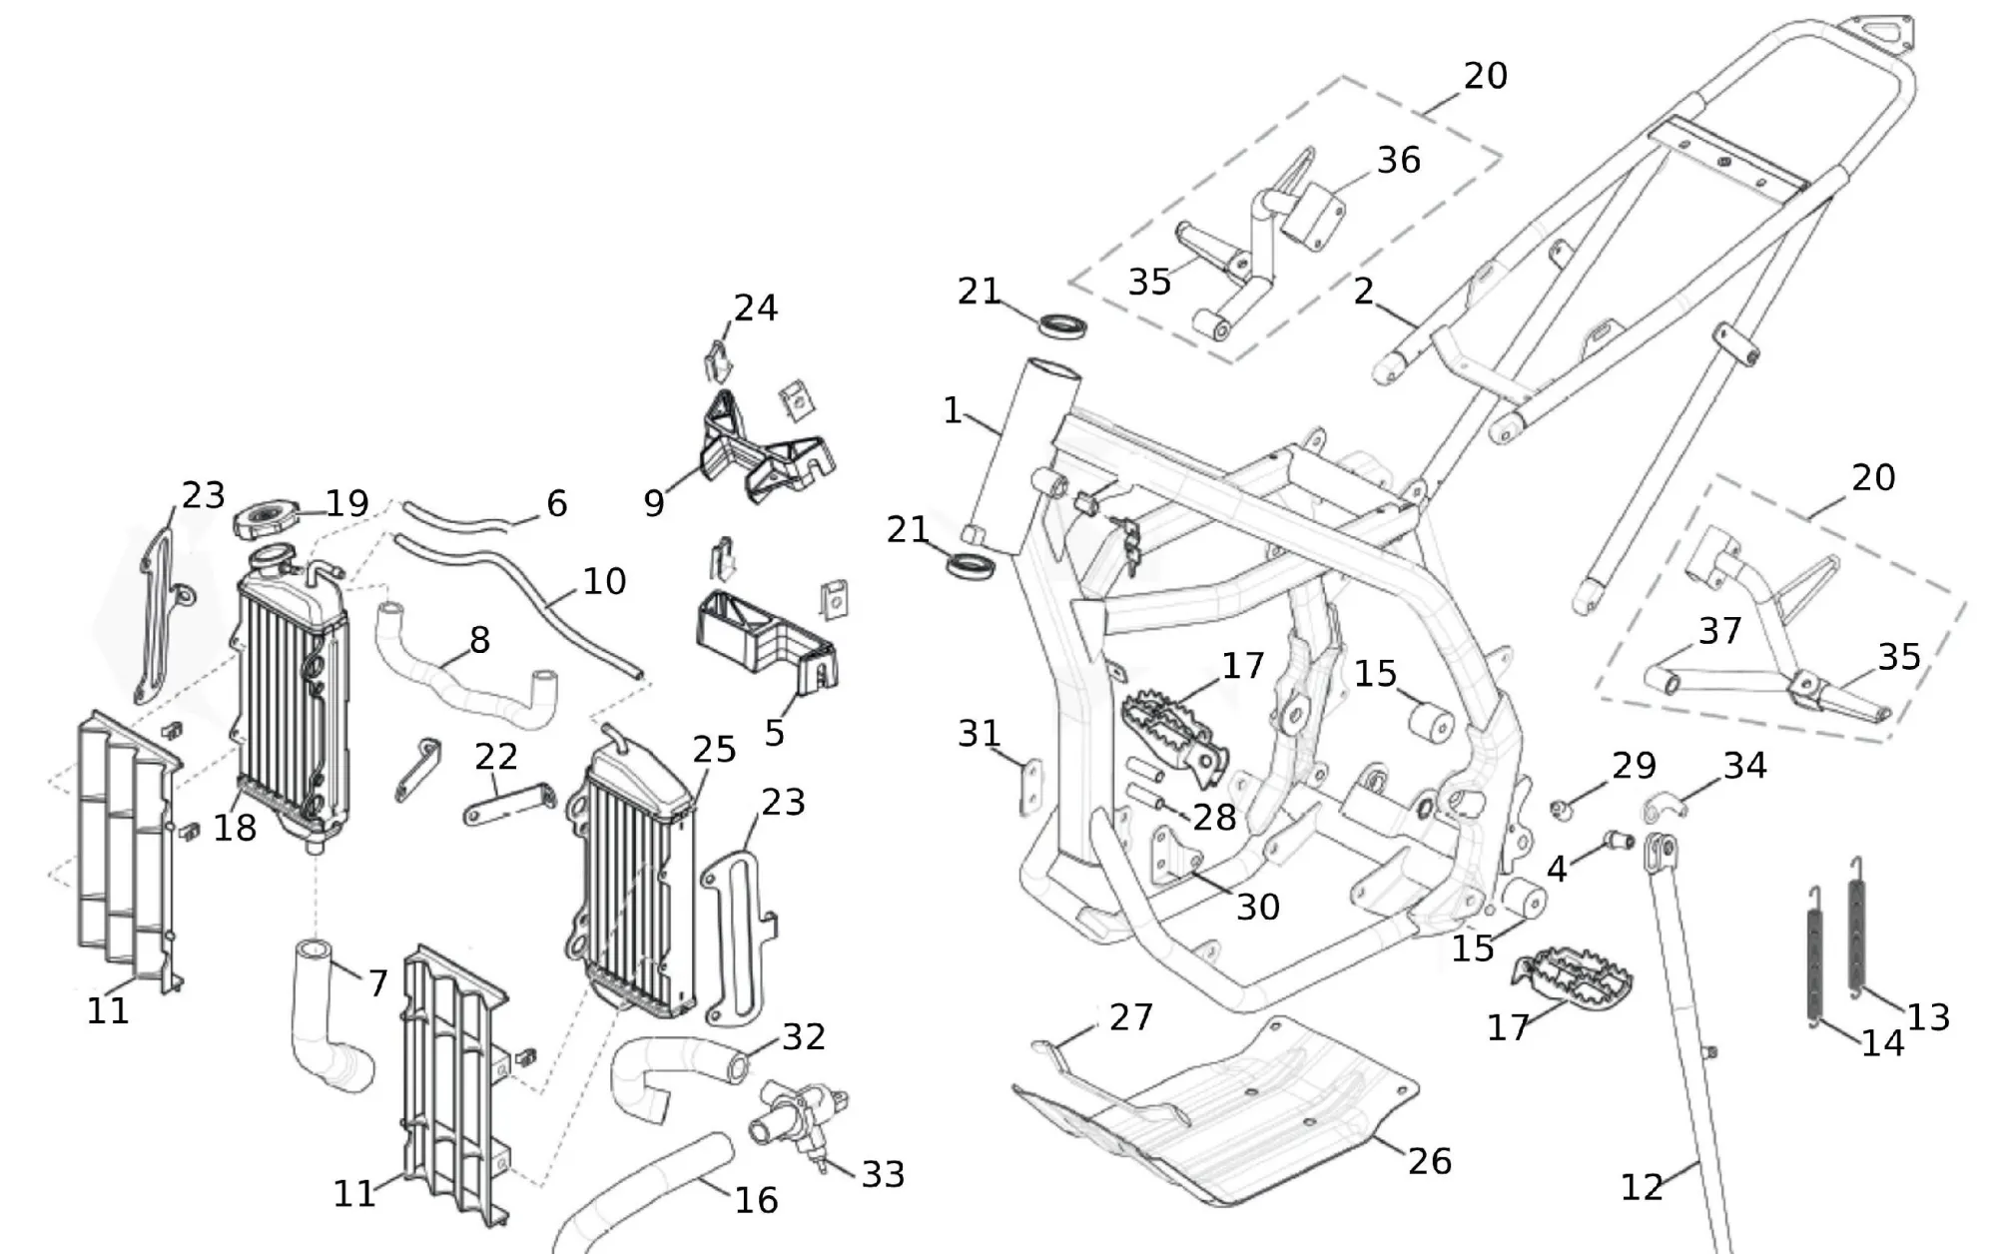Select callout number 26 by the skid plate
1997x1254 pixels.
click(x=1429, y=1160)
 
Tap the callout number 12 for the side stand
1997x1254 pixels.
click(x=1642, y=1186)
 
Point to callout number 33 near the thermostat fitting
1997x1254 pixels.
click(x=883, y=1174)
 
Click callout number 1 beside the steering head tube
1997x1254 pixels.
click(x=953, y=410)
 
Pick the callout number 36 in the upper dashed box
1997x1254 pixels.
click(x=1398, y=160)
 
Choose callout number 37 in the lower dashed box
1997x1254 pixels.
click(x=1719, y=631)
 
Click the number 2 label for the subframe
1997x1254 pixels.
click(x=1364, y=291)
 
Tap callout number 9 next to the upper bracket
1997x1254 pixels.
click(x=654, y=503)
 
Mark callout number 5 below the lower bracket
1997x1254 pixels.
click(x=775, y=733)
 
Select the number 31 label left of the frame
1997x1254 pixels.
click(x=979, y=734)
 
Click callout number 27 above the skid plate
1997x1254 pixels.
click(x=1130, y=1017)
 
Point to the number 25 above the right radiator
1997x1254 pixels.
click(x=714, y=750)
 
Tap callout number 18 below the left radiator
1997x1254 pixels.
click(x=235, y=827)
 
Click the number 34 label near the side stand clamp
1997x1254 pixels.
click(x=1744, y=766)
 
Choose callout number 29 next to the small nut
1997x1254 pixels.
click(x=1634, y=766)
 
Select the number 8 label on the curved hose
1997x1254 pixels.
click(x=479, y=640)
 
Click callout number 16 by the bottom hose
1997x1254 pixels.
click(x=756, y=1199)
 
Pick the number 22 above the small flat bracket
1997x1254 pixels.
click(x=496, y=757)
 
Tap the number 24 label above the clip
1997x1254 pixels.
click(x=756, y=308)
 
